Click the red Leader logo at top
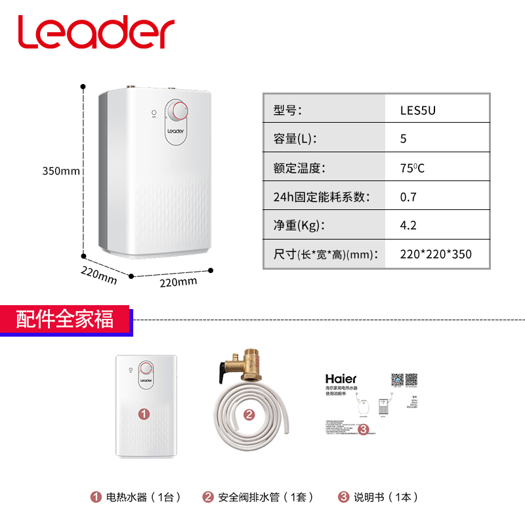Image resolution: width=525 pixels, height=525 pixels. click(96, 31)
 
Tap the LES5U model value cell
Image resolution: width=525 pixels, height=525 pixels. click(418, 110)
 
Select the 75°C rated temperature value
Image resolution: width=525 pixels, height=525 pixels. click(413, 167)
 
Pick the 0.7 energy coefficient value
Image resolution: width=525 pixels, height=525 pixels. click(408, 196)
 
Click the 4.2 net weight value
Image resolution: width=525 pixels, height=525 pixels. click(408, 225)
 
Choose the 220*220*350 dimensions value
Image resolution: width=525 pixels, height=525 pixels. click(436, 254)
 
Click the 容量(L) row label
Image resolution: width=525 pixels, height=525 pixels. click(295, 138)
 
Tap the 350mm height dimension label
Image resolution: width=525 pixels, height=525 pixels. click(61, 171)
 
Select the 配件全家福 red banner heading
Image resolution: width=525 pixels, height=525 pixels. click(65, 320)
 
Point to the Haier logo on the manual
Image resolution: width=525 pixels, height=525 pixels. click(341, 379)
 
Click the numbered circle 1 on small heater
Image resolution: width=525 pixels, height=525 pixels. click(144, 413)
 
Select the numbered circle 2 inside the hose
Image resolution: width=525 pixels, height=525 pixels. click(249, 415)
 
